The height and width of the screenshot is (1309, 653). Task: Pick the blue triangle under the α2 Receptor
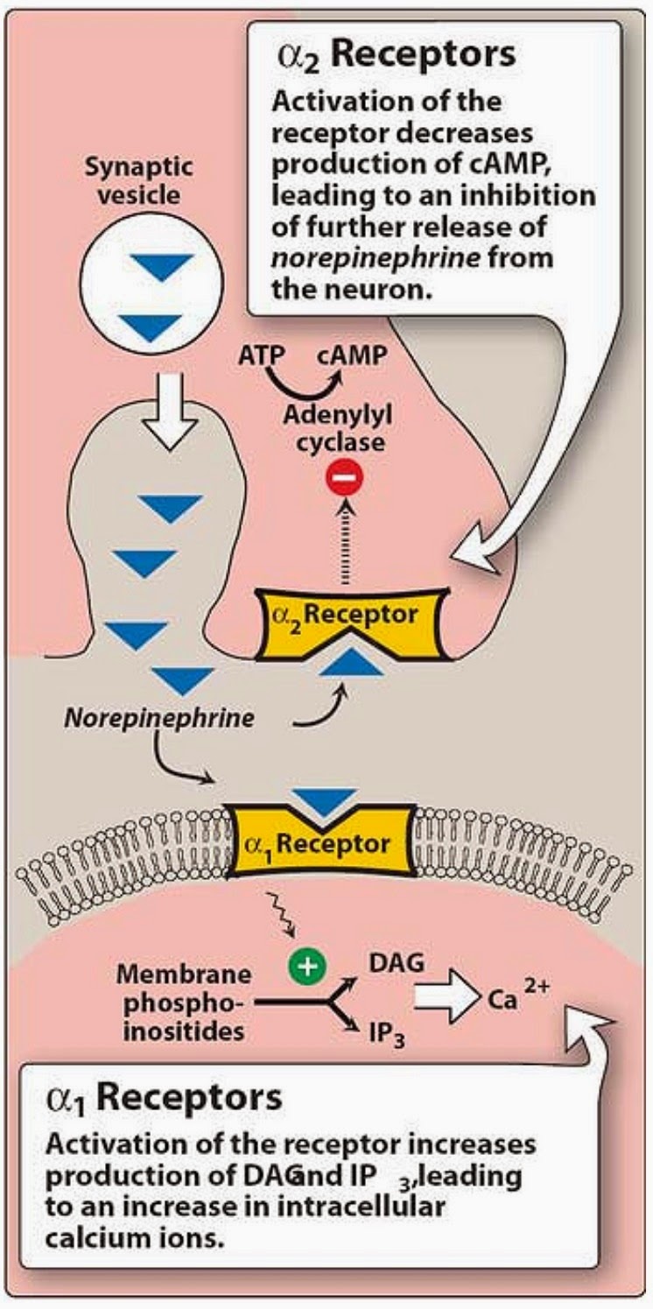click(350, 662)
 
